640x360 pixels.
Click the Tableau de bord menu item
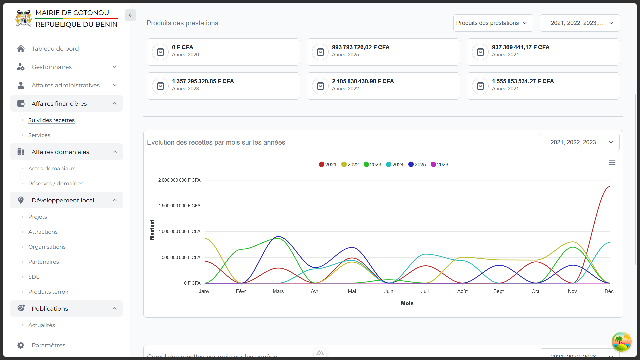(x=55, y=49)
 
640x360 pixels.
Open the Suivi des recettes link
(x=51, y=120)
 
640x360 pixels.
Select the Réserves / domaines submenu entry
(x=56, y=183)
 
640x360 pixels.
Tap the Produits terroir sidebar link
(x=48, y=292)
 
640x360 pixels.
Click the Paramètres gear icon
(x=21, y=345)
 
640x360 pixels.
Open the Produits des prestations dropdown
(x=493, y=23)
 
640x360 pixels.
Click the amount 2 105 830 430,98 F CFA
(x=363, y=81)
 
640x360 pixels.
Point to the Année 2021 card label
(x=505, y=89)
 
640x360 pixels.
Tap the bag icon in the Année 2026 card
(x=160, y=52)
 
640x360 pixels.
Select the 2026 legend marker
(x=433, y=165)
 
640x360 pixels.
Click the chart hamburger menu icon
(x=612, y=163)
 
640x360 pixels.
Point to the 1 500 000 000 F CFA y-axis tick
(x=179, y=206)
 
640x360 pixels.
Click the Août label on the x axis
(x=462, y=291)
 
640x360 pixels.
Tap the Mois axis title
(x=407, y=303)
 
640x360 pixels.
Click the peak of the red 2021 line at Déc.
(x=609, y=187)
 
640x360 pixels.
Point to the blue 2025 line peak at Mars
(x=279, y=237)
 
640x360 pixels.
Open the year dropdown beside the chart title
(x=579, y=142)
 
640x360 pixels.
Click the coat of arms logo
(x=24, y=18)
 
